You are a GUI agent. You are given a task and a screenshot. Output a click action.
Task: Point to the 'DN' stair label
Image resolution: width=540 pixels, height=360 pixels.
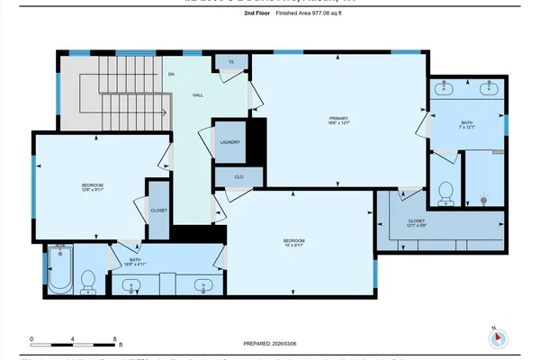[x=171, y=74]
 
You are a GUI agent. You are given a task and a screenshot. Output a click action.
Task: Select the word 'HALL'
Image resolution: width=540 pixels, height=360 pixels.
[x=198, y=93]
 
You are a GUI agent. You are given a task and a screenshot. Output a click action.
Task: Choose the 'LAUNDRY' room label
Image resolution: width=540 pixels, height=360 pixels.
[x=229, y=142]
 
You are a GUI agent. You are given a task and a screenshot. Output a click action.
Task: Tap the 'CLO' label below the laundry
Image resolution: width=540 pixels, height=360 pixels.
[x=239, y=177]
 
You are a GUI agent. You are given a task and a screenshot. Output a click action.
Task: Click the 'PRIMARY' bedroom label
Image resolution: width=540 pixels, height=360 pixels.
[x=337, y=118]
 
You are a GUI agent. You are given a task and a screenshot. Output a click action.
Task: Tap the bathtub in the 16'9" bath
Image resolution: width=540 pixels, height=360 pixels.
[x=59, y=272]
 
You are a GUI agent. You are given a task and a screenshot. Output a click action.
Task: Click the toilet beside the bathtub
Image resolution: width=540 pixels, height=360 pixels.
[x=88, y=283]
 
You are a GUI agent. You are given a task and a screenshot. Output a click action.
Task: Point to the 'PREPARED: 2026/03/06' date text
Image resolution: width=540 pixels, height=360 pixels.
[x=277, y=343]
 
